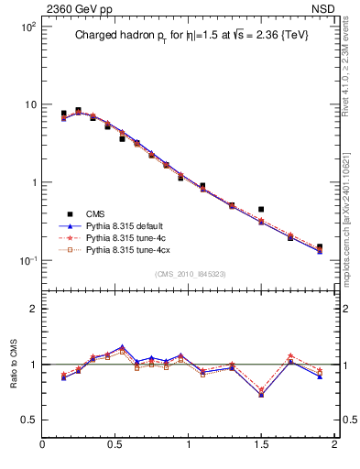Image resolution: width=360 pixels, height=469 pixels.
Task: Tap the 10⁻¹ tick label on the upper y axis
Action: pyautogui.click(x=27, y=260)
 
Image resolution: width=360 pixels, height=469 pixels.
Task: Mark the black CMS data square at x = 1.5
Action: pyautogui.click(x=261, y=210)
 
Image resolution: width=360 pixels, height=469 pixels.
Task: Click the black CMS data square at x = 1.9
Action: pyautogui.click(x=320, y=247)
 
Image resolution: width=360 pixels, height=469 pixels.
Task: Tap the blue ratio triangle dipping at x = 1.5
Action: pyautogui.click(x=261, y=394)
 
